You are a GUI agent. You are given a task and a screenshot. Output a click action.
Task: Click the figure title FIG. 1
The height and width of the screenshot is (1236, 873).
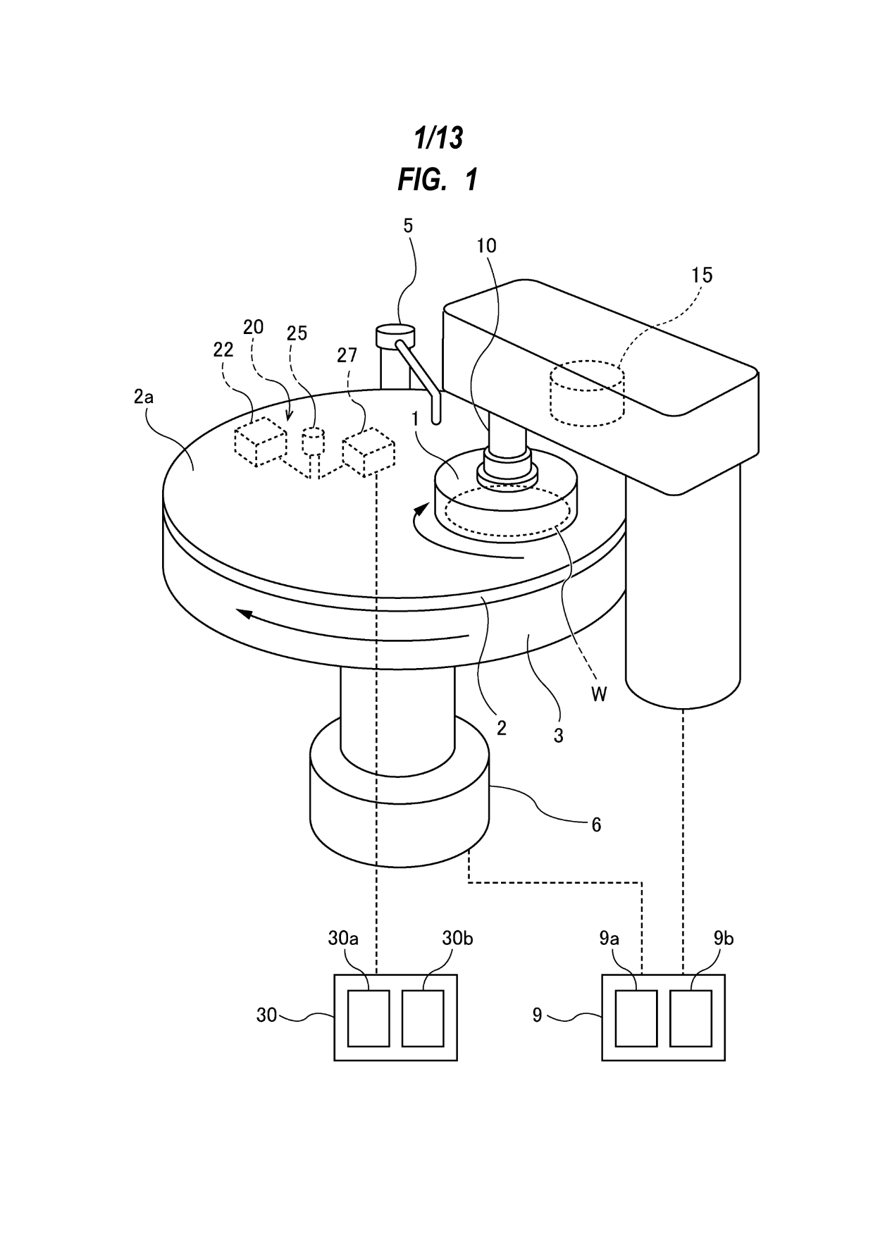[438, 179]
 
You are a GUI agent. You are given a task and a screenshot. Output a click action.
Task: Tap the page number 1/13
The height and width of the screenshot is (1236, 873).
[438, 138]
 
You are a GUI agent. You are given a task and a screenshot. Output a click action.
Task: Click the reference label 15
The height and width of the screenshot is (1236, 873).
[701, 275]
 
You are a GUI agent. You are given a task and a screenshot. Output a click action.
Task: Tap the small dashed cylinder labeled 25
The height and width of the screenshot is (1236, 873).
[312, 442]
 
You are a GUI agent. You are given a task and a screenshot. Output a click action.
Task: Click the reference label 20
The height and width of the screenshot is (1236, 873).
[253, 326]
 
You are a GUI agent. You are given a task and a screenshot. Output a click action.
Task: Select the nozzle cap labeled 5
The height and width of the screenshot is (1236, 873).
[397, 335]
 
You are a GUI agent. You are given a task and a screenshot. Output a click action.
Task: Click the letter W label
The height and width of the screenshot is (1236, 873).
[599, 694]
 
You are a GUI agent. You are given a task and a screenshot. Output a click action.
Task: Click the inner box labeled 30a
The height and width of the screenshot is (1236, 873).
[369, 1018]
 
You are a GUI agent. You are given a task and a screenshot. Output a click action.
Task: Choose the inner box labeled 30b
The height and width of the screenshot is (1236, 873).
[423, 1018]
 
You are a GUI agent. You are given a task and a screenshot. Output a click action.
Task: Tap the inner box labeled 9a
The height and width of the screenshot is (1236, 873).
[636, 1018]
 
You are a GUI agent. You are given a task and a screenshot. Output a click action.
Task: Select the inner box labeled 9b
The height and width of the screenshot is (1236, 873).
[691, 1018]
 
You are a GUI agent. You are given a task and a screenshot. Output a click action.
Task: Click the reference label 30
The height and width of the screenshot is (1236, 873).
[266, 1015]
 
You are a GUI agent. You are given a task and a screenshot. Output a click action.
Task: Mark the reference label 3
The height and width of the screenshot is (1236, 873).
[558, 736]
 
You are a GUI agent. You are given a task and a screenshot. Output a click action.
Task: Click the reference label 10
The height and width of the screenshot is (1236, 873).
[486, 246]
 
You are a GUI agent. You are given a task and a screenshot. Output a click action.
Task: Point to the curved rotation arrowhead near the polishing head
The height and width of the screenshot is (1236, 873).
[421, 508]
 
